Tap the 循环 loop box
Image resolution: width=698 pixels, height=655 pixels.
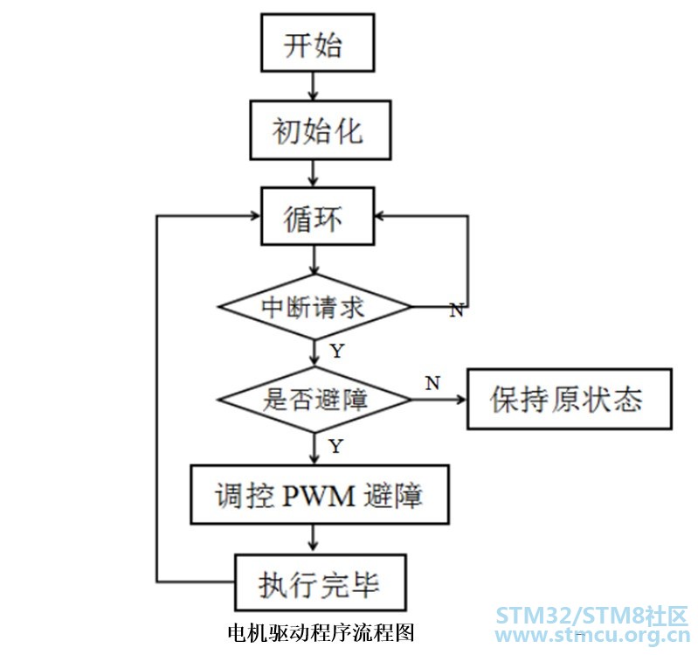[x=317, y=218]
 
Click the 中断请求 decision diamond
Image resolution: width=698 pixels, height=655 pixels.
[x=314, y=307]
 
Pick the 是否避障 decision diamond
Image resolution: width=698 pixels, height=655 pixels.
[x=314, y=400]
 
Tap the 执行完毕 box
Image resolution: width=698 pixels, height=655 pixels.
[x=320, y=582]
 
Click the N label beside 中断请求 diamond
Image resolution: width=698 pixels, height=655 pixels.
[x=455, y=311]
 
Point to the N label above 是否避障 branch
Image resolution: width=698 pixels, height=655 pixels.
[x=432, y=382]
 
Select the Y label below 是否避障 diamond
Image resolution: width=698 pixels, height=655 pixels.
[x=335, y=447]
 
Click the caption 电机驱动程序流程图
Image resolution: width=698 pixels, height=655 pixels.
[x=319, y=631]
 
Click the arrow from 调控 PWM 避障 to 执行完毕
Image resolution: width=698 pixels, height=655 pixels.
[x=314, y=538]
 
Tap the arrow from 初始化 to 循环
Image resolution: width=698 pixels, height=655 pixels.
[x=314, y=174]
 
